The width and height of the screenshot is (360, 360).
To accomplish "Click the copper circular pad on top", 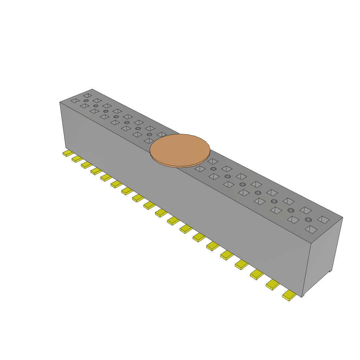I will (x=180, y=149).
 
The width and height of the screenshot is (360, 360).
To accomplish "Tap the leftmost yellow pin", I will (x=68, y=153).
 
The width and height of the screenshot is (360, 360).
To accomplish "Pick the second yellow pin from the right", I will (x=272, y=285).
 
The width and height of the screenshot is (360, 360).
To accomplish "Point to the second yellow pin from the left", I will (x=77, y=159).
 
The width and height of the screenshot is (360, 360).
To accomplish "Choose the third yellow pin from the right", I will (x=257, y=274).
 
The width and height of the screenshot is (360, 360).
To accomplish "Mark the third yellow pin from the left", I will (x=86, y=165).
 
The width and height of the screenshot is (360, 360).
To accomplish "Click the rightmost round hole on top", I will (x=308, y=220).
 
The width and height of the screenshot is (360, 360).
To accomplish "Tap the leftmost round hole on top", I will (x=86, y=101).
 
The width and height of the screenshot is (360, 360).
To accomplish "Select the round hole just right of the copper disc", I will (x=213, y=169).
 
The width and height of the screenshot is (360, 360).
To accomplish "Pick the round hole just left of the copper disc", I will (x=149, y=134).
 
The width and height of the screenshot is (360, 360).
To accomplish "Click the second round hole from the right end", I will (x=291, y=210).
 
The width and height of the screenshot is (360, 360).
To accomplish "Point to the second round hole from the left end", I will (x=96, y=106).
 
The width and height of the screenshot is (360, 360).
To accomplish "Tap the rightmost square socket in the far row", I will (x=323, y=219).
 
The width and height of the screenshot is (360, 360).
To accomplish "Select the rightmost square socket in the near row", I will (x=311, y=230).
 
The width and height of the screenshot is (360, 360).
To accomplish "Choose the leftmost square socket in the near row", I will (x=75, y=101).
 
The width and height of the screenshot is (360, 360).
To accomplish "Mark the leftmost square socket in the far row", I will (x=87, y=95).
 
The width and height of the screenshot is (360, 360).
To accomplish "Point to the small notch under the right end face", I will (x=330, y=271).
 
